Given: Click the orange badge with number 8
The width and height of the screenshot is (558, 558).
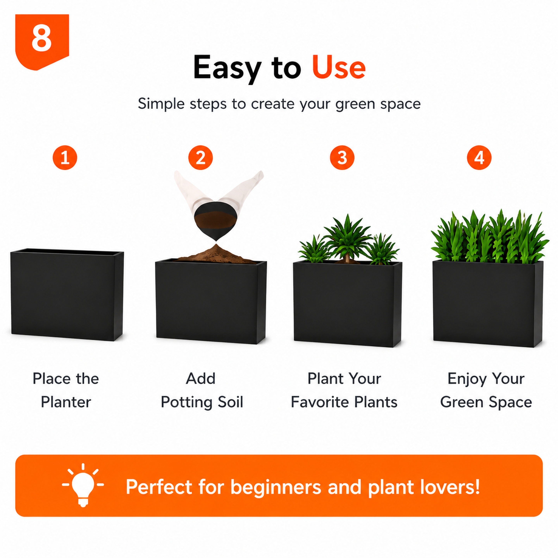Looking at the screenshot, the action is tap(42, 40).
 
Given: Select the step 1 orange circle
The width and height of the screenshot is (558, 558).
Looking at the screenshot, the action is tap(65, 158).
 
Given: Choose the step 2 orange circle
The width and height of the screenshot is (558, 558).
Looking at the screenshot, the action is tap(201, 158).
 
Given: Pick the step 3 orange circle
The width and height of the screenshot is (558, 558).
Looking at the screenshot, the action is tap(342, 158).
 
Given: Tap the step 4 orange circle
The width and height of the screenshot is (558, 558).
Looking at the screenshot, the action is tap(479, 158).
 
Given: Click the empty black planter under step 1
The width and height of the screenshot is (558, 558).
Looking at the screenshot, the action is tap(67, 294).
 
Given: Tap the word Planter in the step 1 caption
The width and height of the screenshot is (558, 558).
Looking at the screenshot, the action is tap(66, 402).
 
